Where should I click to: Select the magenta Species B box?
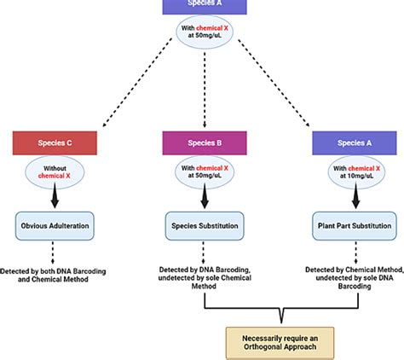pyautogui.click(x=202, y=142)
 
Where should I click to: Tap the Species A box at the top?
pyautogui.click(x=202, y=6)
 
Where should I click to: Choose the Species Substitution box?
pyautogui.click(x=202, y=229)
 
